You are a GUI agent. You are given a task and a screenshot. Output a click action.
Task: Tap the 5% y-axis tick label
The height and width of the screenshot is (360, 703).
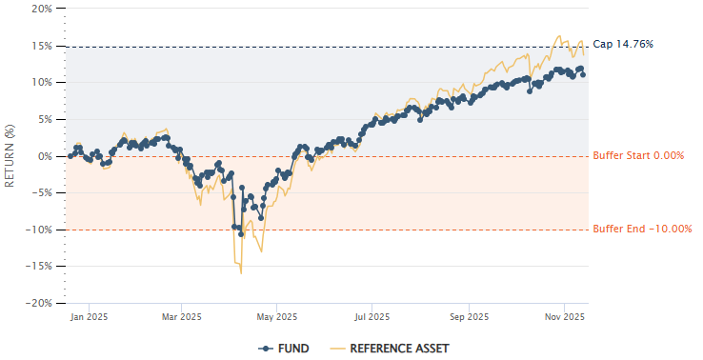tap(44, 119)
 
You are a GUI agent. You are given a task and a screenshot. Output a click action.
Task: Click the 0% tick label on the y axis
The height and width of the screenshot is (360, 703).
tap(44, 156)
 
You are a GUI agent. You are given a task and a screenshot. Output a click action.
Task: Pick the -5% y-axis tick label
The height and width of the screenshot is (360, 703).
tap(42, 192)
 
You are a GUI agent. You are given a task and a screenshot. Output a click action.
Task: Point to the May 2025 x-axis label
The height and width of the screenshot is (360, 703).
tap(275, 317)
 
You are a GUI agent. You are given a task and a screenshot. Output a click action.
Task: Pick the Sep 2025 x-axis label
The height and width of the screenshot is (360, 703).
tap(469, 317)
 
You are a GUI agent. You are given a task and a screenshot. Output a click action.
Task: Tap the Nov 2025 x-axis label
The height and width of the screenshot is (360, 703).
tap(564, 317)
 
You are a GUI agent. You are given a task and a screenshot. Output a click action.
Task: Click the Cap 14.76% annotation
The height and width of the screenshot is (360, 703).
tap(623, 44)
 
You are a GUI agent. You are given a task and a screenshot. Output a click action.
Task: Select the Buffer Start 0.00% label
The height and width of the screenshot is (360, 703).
tap(638, 156)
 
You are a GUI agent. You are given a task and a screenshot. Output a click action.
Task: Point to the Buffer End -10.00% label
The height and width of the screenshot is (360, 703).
tap(642, 229)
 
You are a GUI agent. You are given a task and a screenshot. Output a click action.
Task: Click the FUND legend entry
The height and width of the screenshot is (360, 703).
tap(284, 349)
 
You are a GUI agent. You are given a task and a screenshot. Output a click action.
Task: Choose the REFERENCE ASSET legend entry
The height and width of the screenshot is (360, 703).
tap(390, 349)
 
